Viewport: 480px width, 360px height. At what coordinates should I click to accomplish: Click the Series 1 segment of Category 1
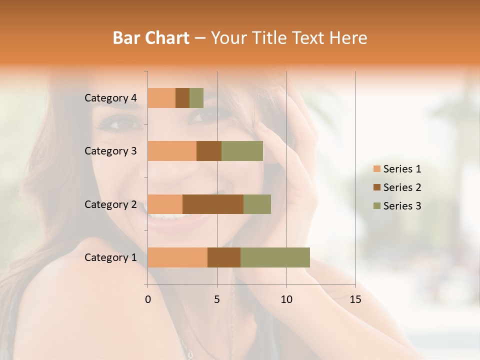click(x=177, y=257)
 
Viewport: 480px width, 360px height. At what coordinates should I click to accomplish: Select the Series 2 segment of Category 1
click(x=224, y=257)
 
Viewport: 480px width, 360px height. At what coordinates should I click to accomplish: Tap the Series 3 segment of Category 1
click(x=275, y=257)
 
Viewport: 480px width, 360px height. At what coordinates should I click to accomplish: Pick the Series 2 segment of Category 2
click(x=213, y=204)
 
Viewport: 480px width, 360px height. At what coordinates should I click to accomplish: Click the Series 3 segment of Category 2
click(x=257, y=204)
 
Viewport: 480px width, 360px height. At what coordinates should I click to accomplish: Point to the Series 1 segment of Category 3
click(x=172, y=151)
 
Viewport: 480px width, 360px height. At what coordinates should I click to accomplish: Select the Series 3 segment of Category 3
click(x=242, y=151)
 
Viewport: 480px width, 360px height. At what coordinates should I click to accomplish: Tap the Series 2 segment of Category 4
click(x=182, y=98)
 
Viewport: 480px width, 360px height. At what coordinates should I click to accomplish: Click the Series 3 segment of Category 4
click(x=196, y=98)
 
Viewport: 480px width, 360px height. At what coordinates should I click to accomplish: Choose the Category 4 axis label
click(x=110, y=98)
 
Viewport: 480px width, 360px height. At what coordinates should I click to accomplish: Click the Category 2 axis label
click(x=110, y=204)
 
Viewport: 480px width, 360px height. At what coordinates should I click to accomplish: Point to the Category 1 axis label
click(x=110, y=257)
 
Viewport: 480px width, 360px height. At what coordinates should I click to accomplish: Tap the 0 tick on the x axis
click(x=148, y=299)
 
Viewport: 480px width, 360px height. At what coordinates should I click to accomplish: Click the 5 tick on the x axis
click(x=217, y=299)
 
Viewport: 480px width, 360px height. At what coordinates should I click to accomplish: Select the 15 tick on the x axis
click(x=355, y=299)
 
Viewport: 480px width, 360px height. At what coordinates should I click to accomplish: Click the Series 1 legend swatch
click(x=376, y=169)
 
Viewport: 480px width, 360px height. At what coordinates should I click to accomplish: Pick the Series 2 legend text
click(x=402, y=187)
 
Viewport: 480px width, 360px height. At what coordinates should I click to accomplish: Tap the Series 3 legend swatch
click(x=376, y=206)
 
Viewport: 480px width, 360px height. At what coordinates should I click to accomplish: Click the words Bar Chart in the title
click(x=151, y=38)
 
